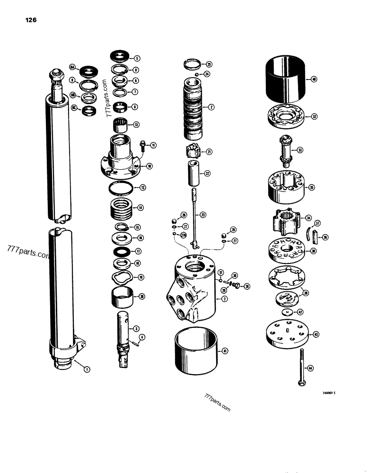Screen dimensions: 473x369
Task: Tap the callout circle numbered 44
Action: coord(310,367)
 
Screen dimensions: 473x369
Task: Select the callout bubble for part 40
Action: coord(315,79)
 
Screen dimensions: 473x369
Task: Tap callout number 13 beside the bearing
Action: coord(136,125)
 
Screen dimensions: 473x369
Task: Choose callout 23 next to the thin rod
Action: coord(202,215)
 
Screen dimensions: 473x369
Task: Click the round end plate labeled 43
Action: coord(287,334)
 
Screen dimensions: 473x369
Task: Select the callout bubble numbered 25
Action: coord(209,64)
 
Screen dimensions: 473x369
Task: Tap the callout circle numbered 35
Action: coord(312,187)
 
